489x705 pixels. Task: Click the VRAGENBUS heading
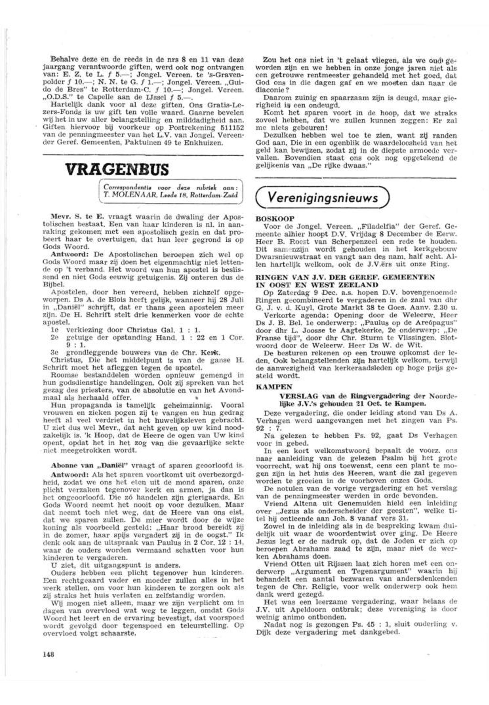click(117, 169)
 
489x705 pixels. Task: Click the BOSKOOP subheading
click(275, 218)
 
